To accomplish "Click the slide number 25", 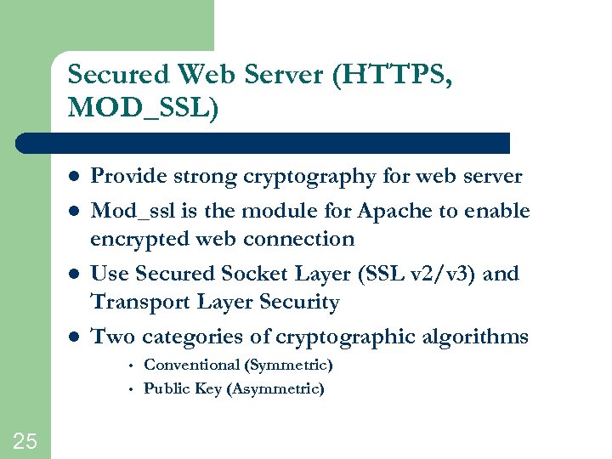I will pyautogui.click(x=25, y=440).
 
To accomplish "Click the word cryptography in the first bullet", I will pyautogui.click(x=310, y=177).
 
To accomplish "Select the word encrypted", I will pyautogui.click(x=139, y=239).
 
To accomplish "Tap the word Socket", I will pyautogui.click(x=261, y=274).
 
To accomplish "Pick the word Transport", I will pyautogui.click(x=139, y=302).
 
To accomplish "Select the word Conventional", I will pyautogui.click(x=191, y=365).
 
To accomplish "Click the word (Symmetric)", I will pyautogui.click(x=288, y=365).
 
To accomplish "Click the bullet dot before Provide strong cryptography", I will pyautogui.click(x=74, y=178).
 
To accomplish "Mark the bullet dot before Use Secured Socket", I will pyautogui.click(x=74, y=275).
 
